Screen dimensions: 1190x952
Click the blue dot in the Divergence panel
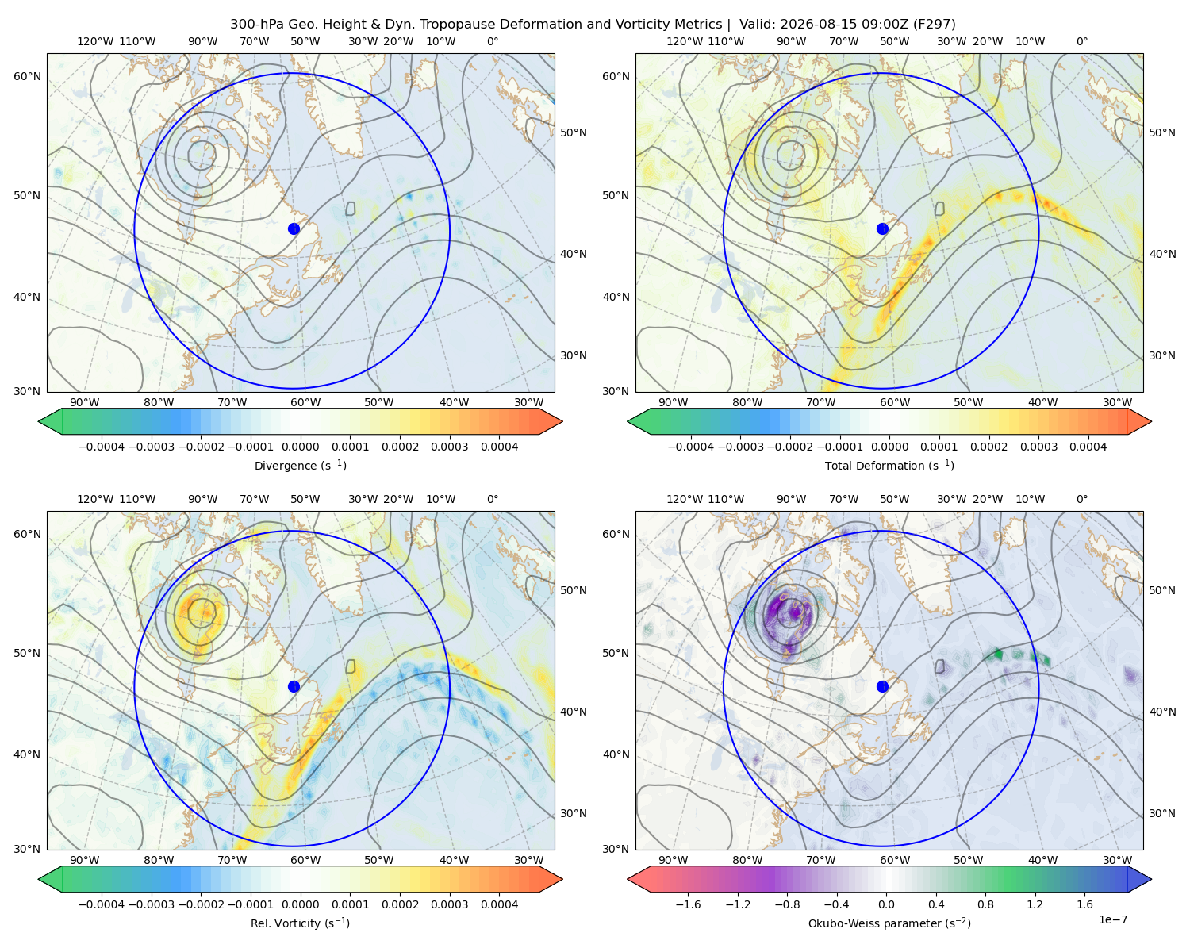click(x=294, y=229)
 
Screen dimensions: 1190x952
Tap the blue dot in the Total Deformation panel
click(x=882, y=229)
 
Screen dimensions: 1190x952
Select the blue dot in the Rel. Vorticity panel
click(x=294, y=686)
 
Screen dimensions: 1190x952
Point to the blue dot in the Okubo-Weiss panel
click(x=882, y=686)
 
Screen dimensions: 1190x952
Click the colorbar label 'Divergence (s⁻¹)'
click(x=300, y=466)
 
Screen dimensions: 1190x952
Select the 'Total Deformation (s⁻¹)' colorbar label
click(x=889, y=466)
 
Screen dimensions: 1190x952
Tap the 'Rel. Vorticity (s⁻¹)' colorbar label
click(x=300, y=923)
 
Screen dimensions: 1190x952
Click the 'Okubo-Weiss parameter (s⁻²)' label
click(x=889, y=923)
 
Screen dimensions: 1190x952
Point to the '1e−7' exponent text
click(x=1112, y=920)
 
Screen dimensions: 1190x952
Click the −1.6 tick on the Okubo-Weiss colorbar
click(x=688, y=904)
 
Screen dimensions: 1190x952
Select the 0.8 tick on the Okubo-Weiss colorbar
click(x=985, y=904)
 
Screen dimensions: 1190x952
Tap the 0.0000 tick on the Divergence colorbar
click(x=300, y=447)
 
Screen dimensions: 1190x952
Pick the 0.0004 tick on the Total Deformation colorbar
click(x=1088, y=447)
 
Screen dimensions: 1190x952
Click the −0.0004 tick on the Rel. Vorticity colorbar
click(x=102, y=904)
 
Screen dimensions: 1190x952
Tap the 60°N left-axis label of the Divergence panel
click(x=27, y=76)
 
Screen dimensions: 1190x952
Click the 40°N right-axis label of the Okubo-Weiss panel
click(x=1162, y=712)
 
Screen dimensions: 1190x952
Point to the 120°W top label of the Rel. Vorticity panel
click(x=95, y=499)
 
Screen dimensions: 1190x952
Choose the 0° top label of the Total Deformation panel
click(x=1081, y=41)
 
